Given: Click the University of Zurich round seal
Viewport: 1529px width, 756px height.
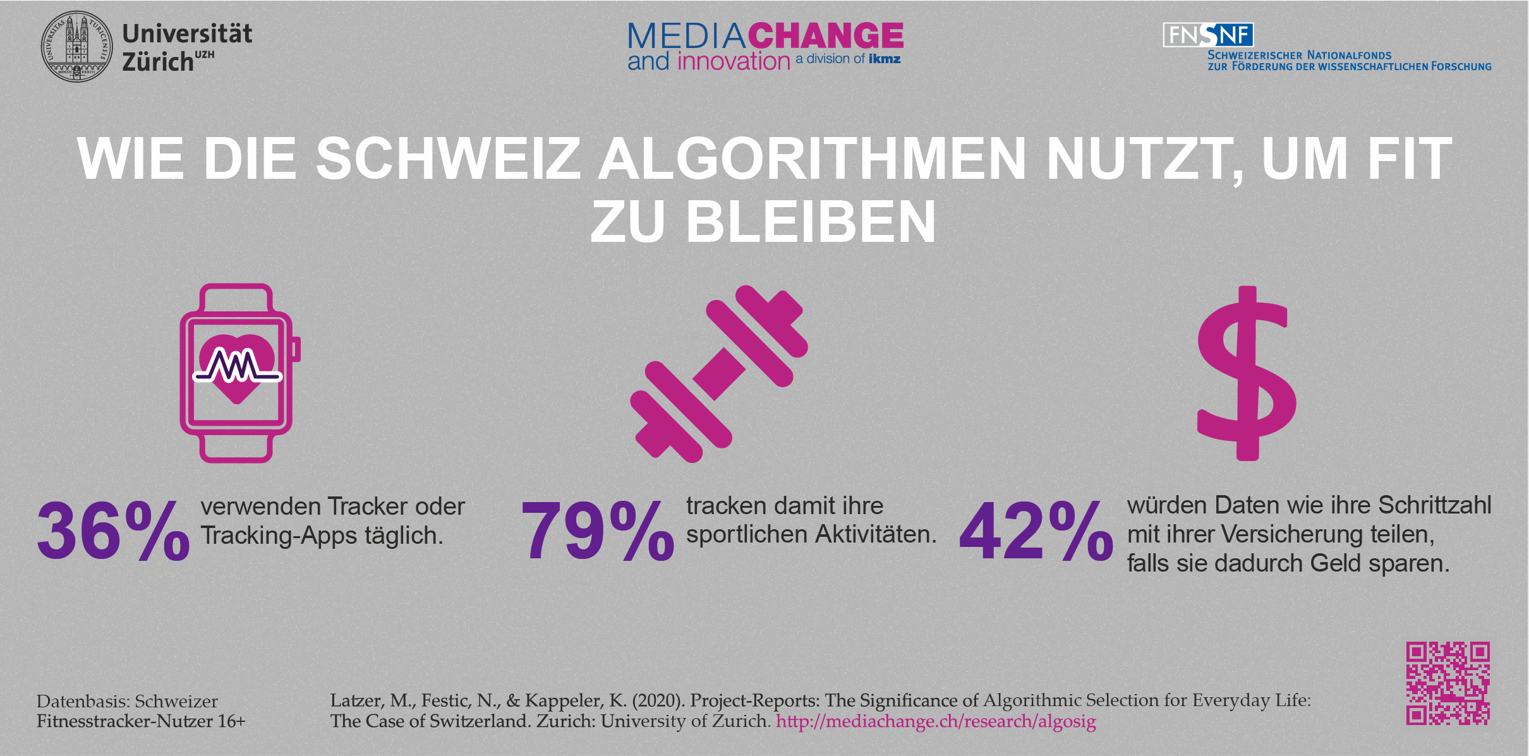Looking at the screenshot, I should pyautogui.click(x=77, y=46).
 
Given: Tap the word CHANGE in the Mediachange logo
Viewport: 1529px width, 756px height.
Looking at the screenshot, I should pyautogui.click(x=826, y=36).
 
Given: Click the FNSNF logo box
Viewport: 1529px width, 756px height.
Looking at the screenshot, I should pyautogui.click(x=1208, y=35).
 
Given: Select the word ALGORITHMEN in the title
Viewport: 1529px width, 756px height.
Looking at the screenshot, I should pyautogui.click(x=812, y=159).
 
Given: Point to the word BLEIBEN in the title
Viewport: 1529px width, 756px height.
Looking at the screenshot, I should pyautogui.click(x=811, y=222).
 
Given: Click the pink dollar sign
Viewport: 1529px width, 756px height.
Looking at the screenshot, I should pyautogui.click(x=1247, y=373).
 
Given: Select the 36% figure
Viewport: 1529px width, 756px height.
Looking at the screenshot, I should pyautogui.click(x=114, y=531).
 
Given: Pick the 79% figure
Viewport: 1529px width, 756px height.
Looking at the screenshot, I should pyautogui.click(x=598, y=531).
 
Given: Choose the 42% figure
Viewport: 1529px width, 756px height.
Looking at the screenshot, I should pyautogui.click(x=1036, y=531).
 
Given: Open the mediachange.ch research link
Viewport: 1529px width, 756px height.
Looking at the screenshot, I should pyautogui.click(x=936, y=721).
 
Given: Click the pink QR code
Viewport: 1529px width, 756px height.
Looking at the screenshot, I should pyautogui.click(x=1447, y=683).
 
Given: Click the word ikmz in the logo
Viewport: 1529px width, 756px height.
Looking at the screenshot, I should pyautogui.click(x=885, y=59).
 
